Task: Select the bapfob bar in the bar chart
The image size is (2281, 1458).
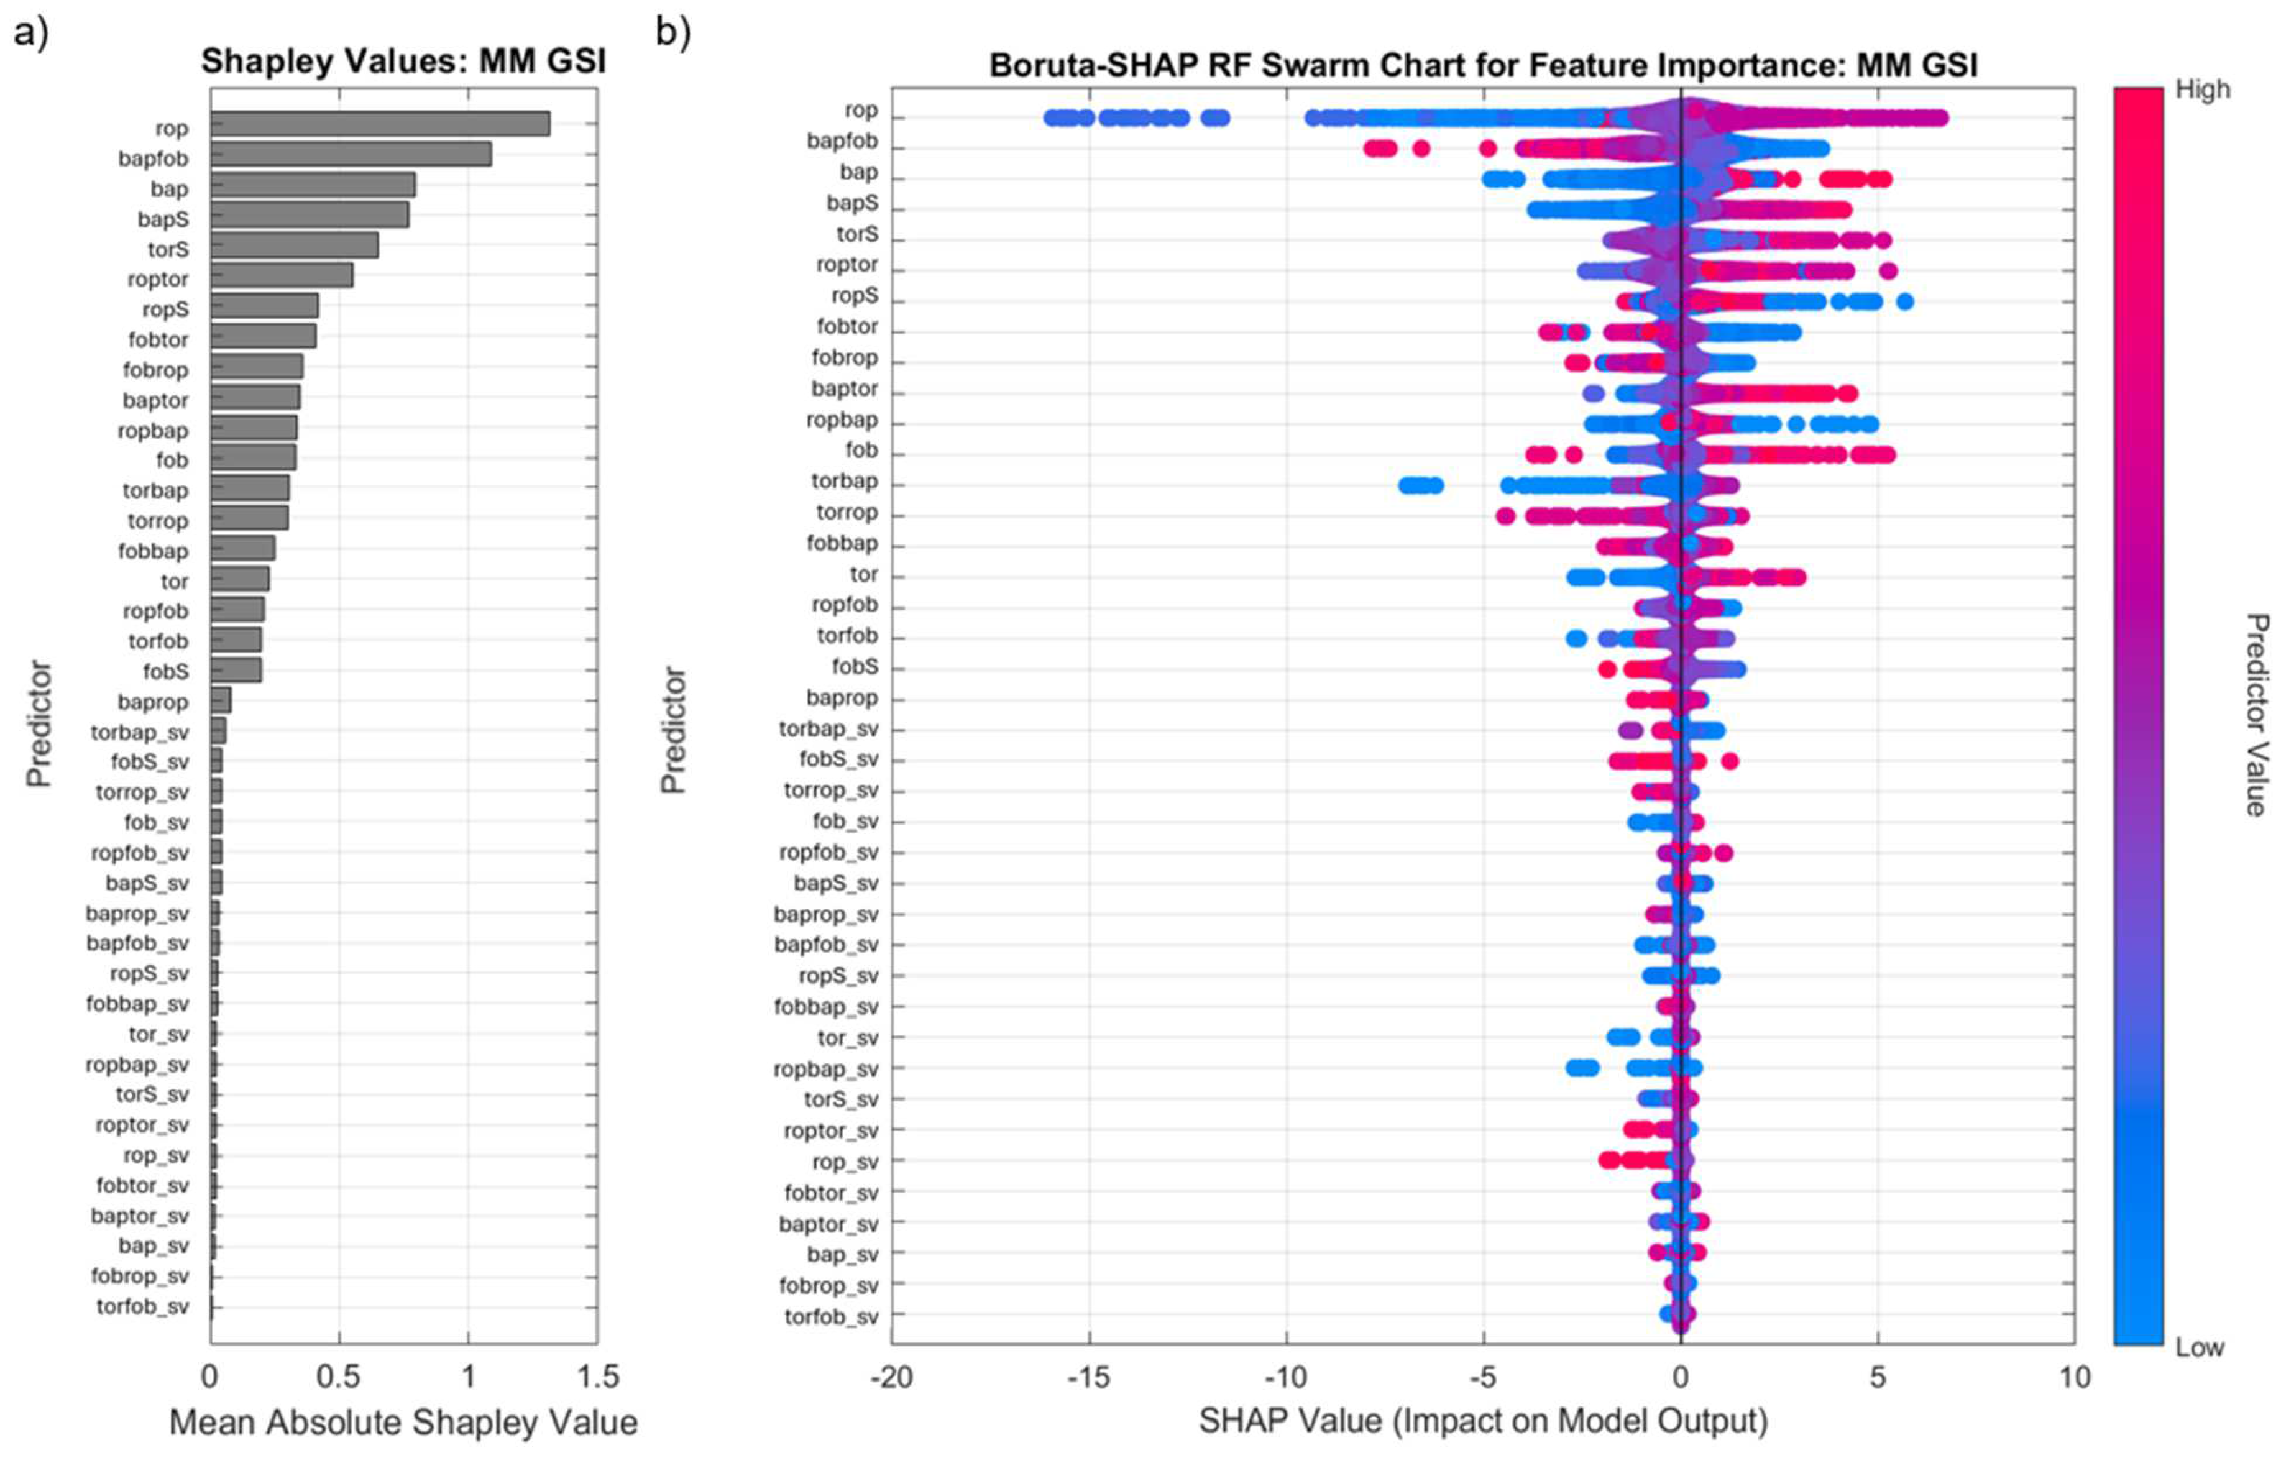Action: [351, 154]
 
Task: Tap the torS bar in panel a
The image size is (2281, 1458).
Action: [293, 245]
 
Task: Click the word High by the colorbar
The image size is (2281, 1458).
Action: [2203, 90]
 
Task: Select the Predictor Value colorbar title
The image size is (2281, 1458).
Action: [2256, 715]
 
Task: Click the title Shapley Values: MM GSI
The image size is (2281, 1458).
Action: [403, 62]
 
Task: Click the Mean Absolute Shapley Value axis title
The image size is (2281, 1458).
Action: [403, 1422]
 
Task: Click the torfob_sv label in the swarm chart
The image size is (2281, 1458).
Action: [831, 1317]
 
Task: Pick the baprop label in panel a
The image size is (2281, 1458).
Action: [152, 702]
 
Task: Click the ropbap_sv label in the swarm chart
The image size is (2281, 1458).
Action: [825, 1068]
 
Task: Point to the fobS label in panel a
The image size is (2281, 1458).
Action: [166, 672]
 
